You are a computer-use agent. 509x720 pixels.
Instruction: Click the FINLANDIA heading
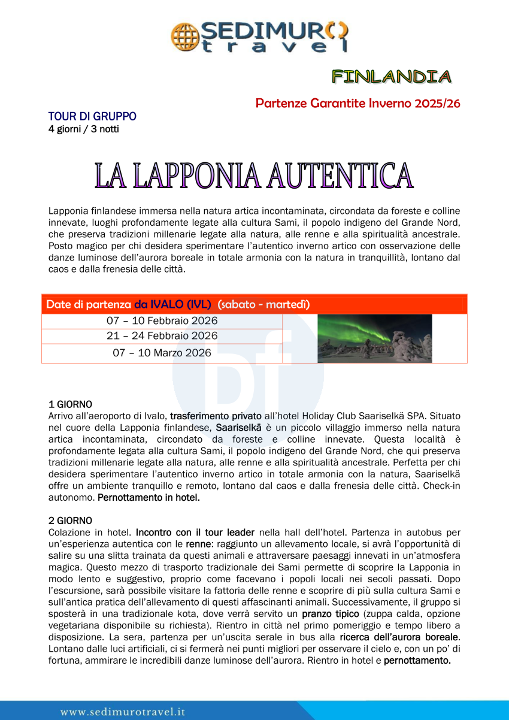392,77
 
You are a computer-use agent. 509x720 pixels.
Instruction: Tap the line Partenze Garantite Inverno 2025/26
357,103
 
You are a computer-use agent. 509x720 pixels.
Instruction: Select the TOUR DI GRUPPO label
92,116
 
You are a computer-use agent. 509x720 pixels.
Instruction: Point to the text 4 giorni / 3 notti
83,129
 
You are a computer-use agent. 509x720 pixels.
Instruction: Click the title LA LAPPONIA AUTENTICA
254,176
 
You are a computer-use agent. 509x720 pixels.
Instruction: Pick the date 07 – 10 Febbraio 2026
162,320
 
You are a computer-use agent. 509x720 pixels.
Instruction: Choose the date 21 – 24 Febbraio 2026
162,335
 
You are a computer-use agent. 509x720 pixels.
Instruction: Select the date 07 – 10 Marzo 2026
162,353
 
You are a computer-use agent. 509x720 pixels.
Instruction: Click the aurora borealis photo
374,338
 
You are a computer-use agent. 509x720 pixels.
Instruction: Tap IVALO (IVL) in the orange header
172,304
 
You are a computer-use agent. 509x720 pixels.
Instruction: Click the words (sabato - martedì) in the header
264,304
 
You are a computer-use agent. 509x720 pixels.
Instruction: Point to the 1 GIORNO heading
70,405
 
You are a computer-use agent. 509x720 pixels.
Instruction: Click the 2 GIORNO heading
70,520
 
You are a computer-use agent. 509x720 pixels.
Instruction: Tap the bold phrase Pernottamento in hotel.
149,497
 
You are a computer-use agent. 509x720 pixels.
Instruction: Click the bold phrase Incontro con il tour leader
195,531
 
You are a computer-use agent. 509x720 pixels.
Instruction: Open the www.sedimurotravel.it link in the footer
122,712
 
